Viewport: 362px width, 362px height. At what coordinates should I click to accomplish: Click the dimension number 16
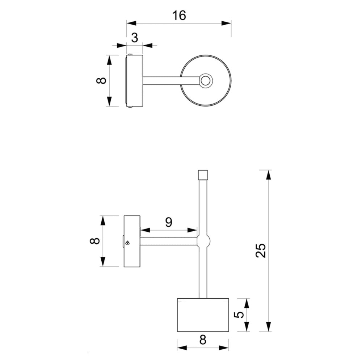tap(179, 16)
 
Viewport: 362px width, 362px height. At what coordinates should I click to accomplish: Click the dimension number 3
tap(135, 38)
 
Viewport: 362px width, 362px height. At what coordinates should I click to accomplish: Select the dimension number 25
tap(261, 250)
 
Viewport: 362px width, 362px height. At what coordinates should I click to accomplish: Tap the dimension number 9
tap(169, 222)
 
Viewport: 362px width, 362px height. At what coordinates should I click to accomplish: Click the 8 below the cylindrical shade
tap(203, 340)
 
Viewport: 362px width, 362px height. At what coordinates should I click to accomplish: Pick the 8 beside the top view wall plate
tap(101, 80)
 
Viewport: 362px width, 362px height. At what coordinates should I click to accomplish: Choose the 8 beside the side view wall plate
tap(94, 241)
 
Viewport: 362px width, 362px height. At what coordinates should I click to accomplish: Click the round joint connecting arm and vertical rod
tap(203, 241)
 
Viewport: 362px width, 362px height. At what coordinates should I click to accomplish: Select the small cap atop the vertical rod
tap(203, 175)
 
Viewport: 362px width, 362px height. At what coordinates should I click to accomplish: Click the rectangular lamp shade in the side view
tap(203, 315)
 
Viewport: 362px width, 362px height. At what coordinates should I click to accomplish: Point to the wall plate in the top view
tap(135, 81)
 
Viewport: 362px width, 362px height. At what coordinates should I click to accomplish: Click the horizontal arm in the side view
tap(169, 241)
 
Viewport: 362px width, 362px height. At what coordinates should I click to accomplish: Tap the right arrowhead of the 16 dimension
tap(226, 23)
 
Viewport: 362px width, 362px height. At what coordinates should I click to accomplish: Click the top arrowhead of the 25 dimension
tap(268, 175)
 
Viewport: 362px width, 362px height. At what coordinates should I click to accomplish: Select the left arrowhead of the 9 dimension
tap(145, 230)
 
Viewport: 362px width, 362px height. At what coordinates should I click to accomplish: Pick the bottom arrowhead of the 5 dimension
tap(247, 327)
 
